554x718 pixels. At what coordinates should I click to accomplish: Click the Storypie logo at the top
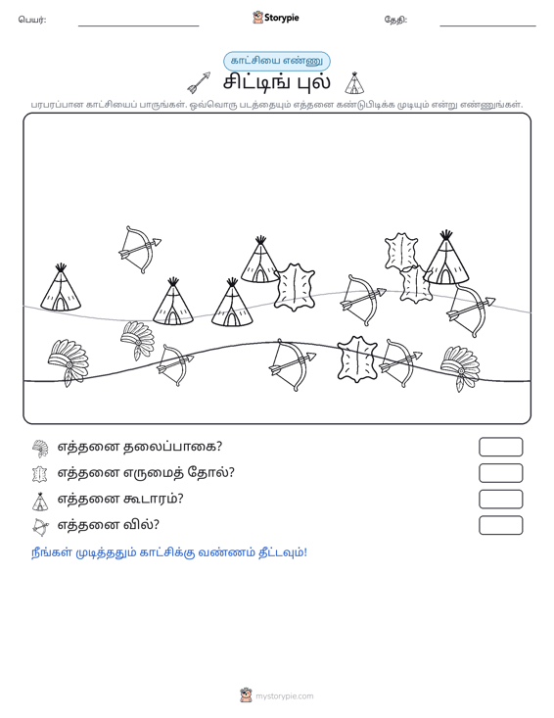coord(276,18)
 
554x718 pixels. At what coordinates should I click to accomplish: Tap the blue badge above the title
coord(277,61)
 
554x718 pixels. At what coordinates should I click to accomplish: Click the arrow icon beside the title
coord(200,82)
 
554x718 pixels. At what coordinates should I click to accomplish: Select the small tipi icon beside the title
coord(354,83)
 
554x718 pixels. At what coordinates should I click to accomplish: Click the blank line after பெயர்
coord(139,25)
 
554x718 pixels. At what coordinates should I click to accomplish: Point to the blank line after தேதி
coord(487,25)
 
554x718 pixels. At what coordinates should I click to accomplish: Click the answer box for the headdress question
coord(500,447)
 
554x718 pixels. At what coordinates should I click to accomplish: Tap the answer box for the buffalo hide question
coord(500,473)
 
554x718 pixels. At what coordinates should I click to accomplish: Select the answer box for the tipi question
coord(500,500)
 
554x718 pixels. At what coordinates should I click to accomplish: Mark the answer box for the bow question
coord(500,525)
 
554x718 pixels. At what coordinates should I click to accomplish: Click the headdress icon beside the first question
coord(40,449)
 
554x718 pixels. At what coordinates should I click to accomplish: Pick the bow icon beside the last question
coord(40,527)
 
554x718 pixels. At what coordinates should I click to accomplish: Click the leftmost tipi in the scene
coord(61,288)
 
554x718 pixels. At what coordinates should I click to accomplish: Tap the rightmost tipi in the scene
coord(446,258)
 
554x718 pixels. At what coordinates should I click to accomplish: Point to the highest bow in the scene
coord(140,249)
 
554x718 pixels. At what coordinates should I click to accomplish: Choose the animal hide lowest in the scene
coord(357,359)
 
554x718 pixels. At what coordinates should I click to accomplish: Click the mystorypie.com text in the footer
coord(284,696)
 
